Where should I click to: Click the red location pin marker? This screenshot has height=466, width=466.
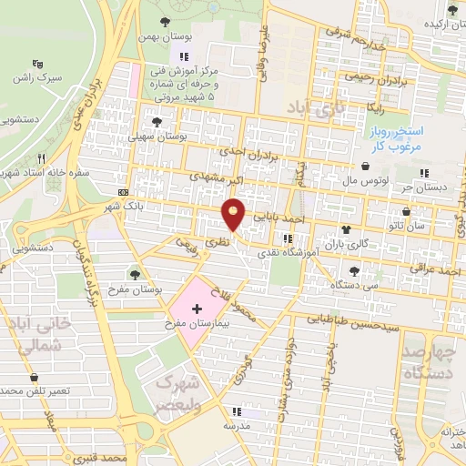234,213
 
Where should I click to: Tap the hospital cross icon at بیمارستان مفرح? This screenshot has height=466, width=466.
198,310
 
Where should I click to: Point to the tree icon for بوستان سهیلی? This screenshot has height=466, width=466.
157,121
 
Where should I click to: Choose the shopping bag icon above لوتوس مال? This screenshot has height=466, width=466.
365,167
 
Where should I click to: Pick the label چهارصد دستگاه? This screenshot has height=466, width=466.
433,361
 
